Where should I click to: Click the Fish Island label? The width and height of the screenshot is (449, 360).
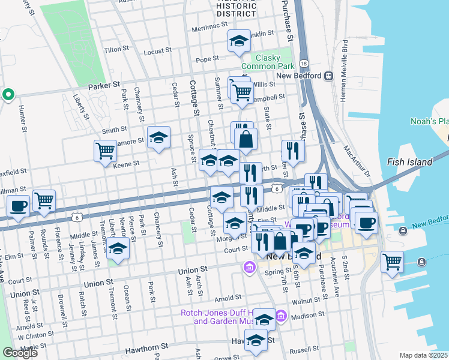410,162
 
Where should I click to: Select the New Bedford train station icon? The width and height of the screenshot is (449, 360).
328,76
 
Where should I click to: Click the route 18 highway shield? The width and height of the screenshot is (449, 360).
304,64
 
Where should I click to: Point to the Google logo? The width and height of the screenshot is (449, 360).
20,352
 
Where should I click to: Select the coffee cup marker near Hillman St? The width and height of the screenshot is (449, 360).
19,205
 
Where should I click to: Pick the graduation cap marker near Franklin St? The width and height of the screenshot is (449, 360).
239,41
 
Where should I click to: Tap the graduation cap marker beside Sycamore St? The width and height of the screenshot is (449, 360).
158,137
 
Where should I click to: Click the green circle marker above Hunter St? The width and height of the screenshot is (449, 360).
8,94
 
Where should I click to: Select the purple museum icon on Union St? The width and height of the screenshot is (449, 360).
249,266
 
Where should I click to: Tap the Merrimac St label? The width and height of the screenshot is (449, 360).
210,28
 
